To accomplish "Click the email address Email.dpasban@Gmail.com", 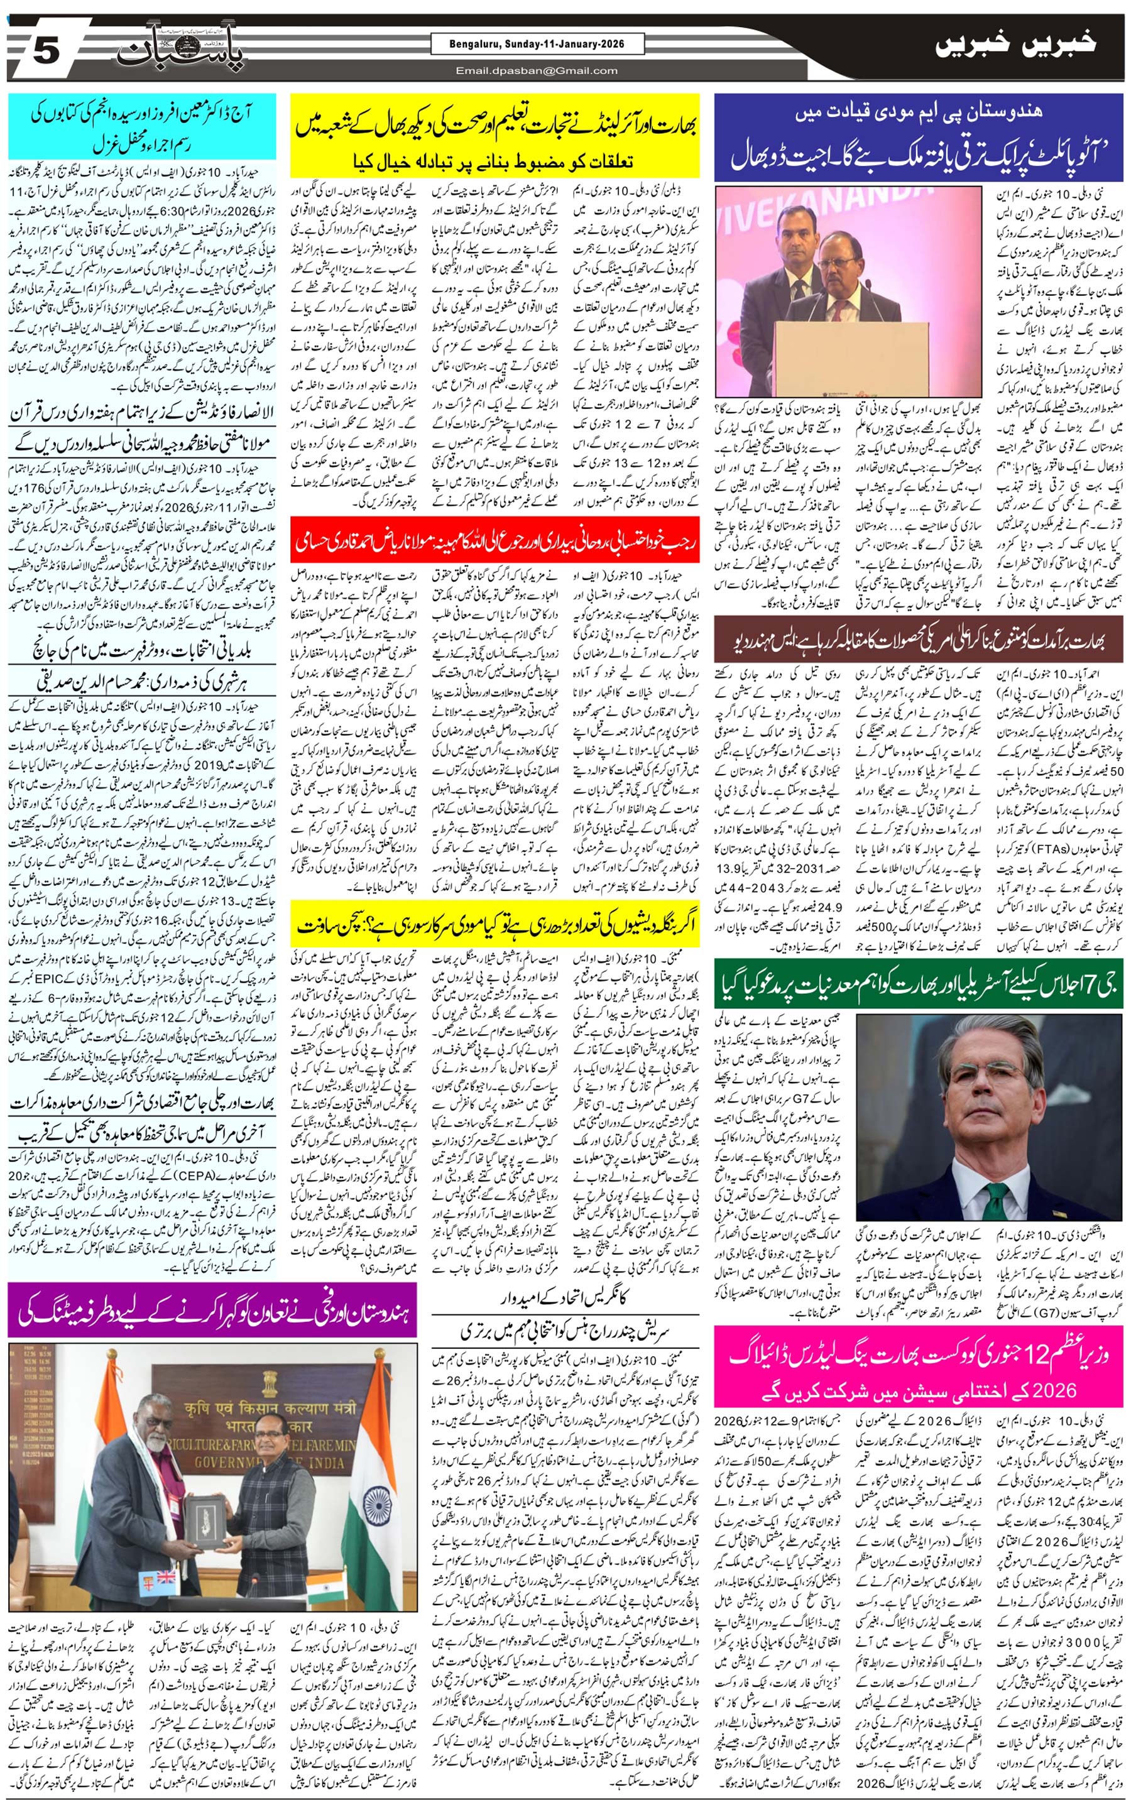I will point(537,71).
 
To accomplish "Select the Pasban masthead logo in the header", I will point(180,52).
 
